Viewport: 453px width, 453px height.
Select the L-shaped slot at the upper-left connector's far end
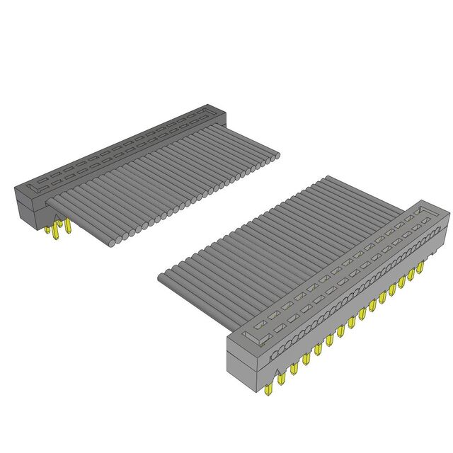tap(205, 110)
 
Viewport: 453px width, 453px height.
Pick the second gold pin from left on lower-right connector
tap(280, 379)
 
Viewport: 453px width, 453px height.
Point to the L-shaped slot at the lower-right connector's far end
tap(423, 211)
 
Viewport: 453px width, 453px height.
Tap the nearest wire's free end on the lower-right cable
tap(164, 277)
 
